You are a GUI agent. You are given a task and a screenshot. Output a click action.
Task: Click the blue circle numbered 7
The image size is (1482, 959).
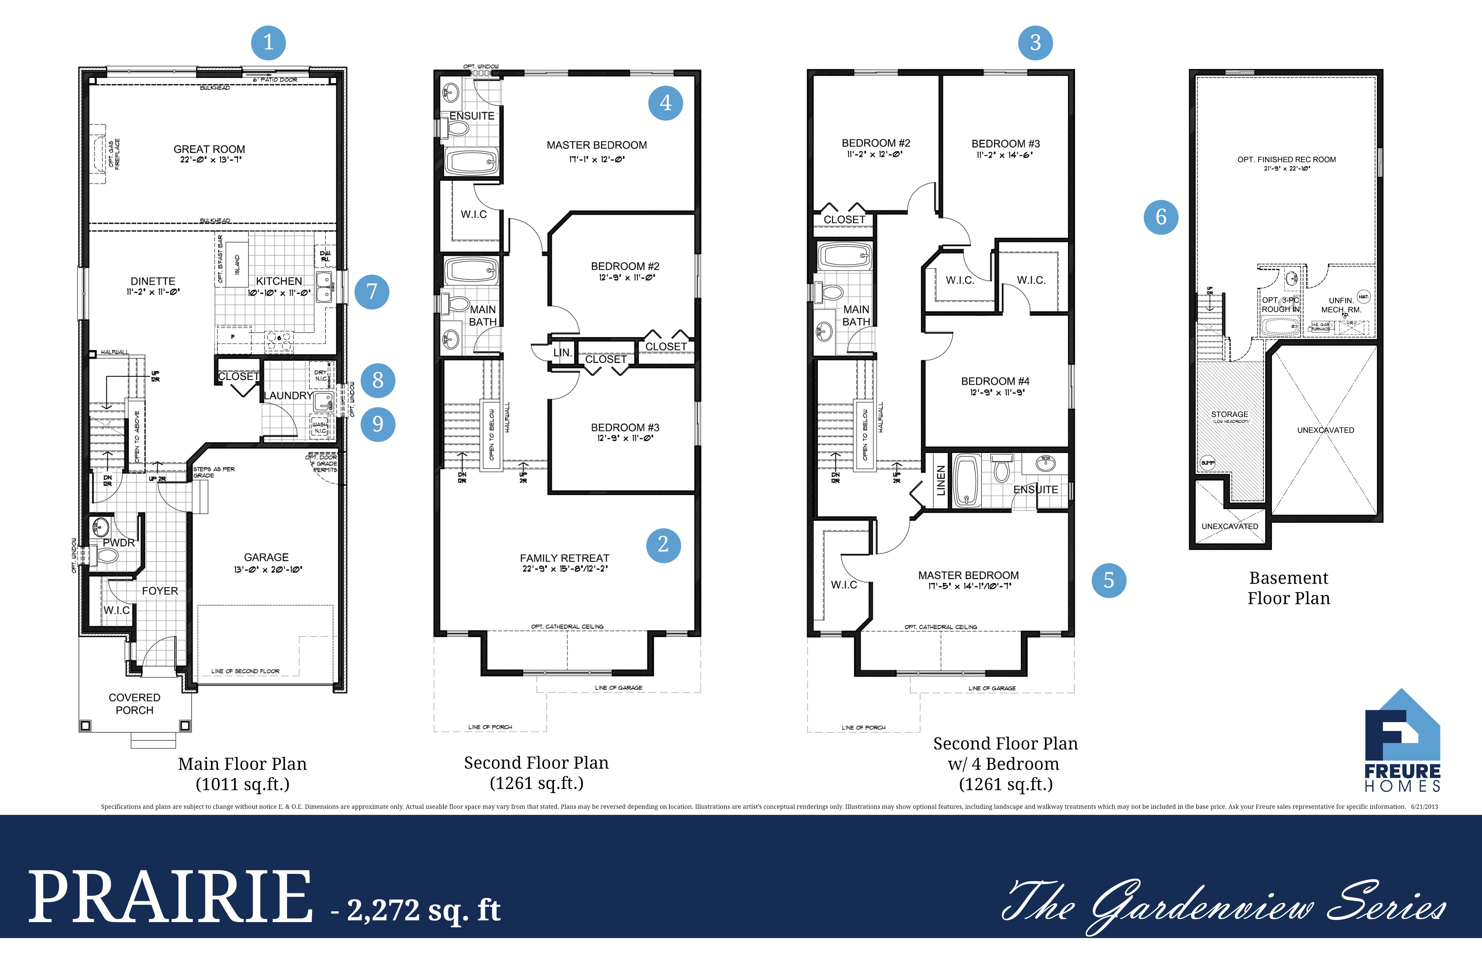[372, 291]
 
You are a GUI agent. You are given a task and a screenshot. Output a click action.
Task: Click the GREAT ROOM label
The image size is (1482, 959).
[209, 149]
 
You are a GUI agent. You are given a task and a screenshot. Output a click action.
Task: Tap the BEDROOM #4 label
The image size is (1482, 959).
[995, 381]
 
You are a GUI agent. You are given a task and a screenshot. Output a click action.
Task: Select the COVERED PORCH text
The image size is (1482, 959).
[135, 704]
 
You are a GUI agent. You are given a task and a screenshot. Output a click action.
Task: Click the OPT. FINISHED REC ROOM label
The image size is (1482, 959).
[1286, 160]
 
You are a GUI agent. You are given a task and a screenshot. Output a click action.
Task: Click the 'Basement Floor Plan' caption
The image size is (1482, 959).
[1288, 588]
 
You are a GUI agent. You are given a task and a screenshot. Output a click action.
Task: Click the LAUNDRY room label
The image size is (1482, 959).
[288, 396]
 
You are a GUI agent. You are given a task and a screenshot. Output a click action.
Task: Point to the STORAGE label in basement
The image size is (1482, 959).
[1229, 414]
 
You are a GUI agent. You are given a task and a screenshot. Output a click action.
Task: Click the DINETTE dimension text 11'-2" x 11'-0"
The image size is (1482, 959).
[153, 292]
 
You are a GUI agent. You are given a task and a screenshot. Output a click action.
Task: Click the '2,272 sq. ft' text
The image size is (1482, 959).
[423, 910]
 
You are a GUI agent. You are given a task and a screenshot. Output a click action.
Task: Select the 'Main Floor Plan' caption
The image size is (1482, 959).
[242, 764]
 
